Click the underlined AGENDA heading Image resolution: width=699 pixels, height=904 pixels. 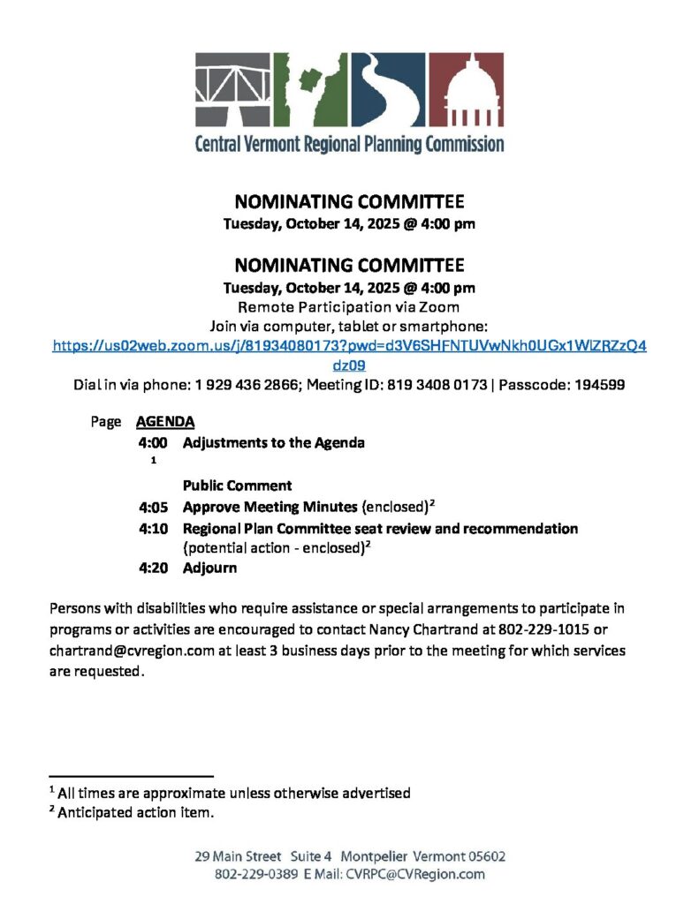point(165,422)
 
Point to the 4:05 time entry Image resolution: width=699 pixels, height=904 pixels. point(153,507)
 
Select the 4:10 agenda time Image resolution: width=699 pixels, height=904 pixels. point(153,528)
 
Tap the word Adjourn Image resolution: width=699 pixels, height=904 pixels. point(209,568)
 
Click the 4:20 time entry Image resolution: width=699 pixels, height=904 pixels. point(153,568)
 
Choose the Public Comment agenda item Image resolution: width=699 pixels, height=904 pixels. point(237,486)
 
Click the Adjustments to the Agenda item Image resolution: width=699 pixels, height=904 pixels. point(273,442)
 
